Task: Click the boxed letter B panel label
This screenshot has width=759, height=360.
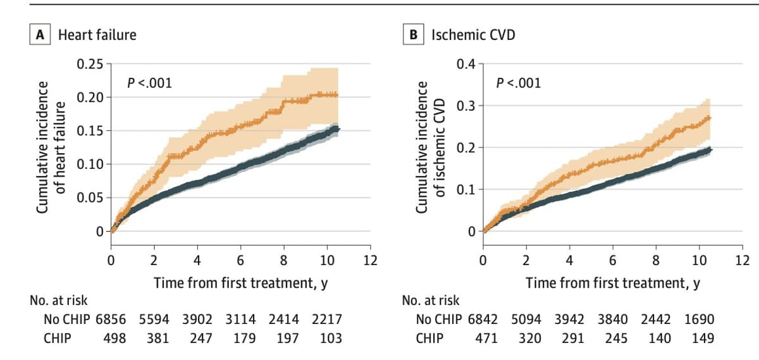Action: [414, 35]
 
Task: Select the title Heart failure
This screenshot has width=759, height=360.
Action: [97, 35]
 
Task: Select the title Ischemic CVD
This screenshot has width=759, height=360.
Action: [473, 35]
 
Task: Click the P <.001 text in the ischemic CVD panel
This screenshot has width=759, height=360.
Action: [519, 82]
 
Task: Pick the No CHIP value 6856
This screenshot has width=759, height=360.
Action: [111, 320]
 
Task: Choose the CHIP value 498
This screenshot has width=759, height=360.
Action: [114, 338]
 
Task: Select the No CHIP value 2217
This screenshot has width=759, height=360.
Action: [327, 320]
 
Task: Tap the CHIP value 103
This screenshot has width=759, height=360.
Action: [330, 338]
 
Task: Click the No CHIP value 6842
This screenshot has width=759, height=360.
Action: [483, 320]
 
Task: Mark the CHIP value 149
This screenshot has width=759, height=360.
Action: [703, 338]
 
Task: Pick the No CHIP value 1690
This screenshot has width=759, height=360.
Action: [700, 320]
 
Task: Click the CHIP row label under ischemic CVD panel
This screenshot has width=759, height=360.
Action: [429, 338]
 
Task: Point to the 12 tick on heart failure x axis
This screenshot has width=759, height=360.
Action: [370, 260]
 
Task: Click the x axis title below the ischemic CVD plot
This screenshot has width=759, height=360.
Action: [612, 283]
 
